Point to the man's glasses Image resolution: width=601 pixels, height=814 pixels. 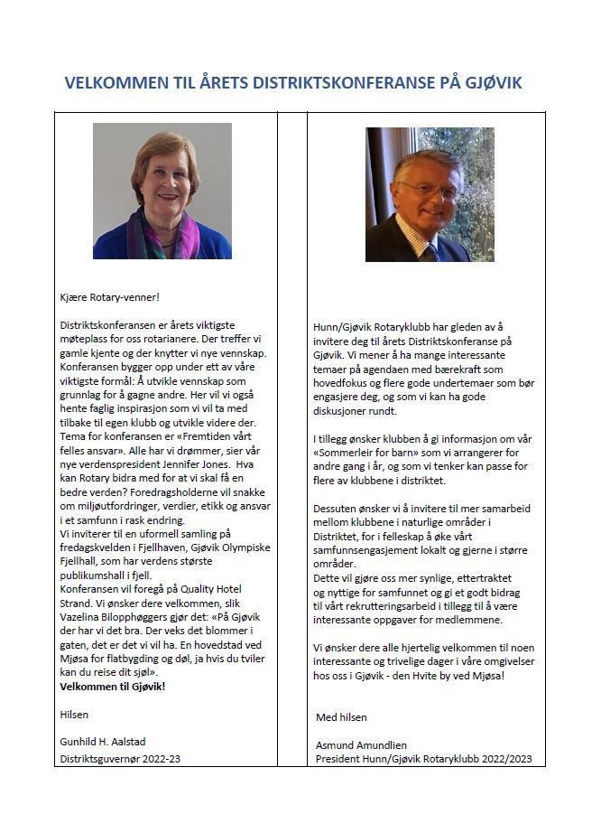[x=427, y=188]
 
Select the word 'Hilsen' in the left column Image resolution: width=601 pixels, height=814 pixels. [x=74, y=715]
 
